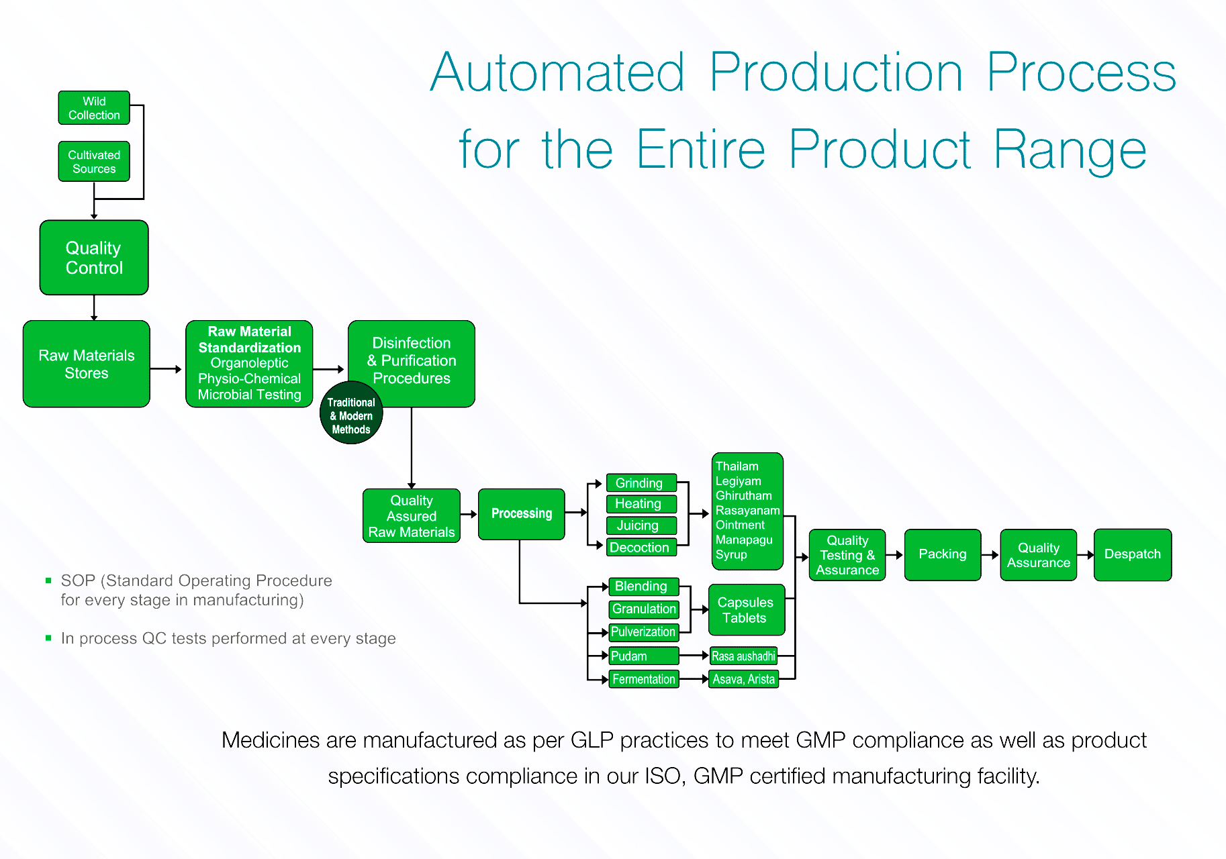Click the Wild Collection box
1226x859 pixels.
pos(94,108)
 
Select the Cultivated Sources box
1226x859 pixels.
pos(94,162)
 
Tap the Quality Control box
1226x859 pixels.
pos(94,258)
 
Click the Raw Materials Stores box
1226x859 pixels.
pos(87,364)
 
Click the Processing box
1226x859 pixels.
pos(522,514)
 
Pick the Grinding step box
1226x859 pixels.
pos(641,483)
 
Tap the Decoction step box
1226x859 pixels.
pos(641,548)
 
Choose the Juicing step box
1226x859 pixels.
pos(641,525)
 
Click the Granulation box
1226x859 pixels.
pos(644,609)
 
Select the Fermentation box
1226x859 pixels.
pos(644,679)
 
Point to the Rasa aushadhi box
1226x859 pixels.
pos(743,656)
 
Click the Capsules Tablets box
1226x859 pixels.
pos(747,610)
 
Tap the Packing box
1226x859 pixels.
pos(943,555)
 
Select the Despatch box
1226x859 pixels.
pos(1133,555)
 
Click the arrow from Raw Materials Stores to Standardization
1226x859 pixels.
pos(166,369)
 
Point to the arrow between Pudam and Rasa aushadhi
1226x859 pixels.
pos(694,655)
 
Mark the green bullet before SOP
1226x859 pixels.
pos(48,580)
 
